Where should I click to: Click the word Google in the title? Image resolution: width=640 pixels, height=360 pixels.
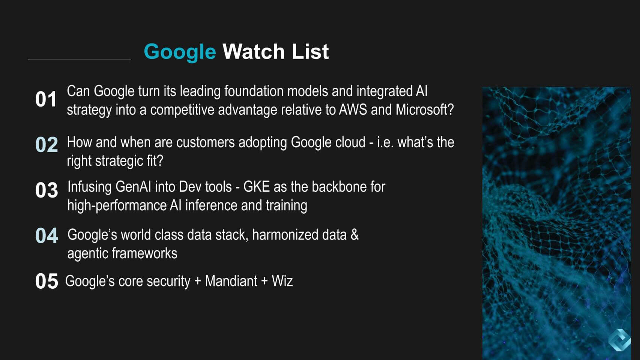pyautogui.click(x=180, y=52)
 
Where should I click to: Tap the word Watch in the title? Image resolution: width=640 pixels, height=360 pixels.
pyautogui.click(x=254, y=51)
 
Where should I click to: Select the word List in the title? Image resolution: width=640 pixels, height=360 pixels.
pyautogui.click(x=310, y=51)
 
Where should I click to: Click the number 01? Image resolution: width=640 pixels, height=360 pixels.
pyautogui.click(x=46, y=99)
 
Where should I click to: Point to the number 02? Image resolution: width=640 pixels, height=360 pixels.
pyautogui.click(x=47, y=145)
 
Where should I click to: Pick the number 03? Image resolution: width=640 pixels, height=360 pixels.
pyautogui.click(x=47, y=190)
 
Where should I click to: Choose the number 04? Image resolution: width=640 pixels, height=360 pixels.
pyautogui.click(x=47, y=236)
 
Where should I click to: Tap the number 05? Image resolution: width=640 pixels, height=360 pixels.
pyautogui.click(x=47, y=281)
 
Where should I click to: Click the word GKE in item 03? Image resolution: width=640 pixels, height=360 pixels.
pyautogui.click(x=256, y=187)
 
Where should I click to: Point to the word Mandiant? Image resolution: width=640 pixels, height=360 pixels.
pyautogui.click(x=231, y=281)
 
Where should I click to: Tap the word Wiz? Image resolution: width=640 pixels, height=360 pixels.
pyautogui.click(x=282, y=281)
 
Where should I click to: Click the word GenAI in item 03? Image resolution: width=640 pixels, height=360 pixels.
pyautogui.click(x=133, y=187)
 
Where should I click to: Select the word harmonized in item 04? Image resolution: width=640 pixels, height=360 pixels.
pyautogui.click(x=285, y=235)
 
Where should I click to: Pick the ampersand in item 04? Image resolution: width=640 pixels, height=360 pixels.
pyautogui.click(x=355, y=235)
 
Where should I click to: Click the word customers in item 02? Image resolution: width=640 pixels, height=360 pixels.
pyautogui.click(x=206, y=142)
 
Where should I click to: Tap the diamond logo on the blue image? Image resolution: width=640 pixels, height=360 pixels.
pyautogui.click(x=619, y=340)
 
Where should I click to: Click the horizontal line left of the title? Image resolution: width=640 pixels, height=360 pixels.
pyautogui.click(x=79, y=60)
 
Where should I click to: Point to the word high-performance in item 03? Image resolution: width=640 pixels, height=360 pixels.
pyautogui.click(x=117, y=206)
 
